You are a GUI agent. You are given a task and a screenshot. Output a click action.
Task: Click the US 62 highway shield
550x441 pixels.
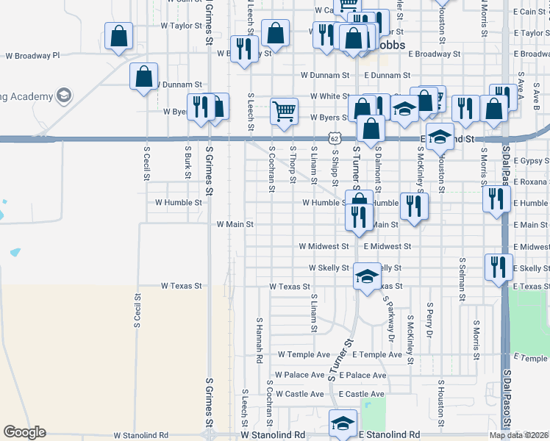335,138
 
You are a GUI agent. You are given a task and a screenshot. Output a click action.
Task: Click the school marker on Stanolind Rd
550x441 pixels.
341,423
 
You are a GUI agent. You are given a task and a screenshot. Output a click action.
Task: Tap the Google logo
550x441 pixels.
24,432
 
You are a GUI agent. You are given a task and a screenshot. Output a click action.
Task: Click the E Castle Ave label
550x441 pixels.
364,394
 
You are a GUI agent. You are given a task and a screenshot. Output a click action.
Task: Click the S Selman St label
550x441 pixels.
463,279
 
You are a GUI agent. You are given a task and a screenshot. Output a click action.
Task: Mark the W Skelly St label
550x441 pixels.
329,268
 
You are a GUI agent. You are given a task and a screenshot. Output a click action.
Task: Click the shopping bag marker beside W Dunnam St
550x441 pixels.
143,76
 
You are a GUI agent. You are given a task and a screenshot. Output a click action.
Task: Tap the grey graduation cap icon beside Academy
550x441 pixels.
64,96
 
